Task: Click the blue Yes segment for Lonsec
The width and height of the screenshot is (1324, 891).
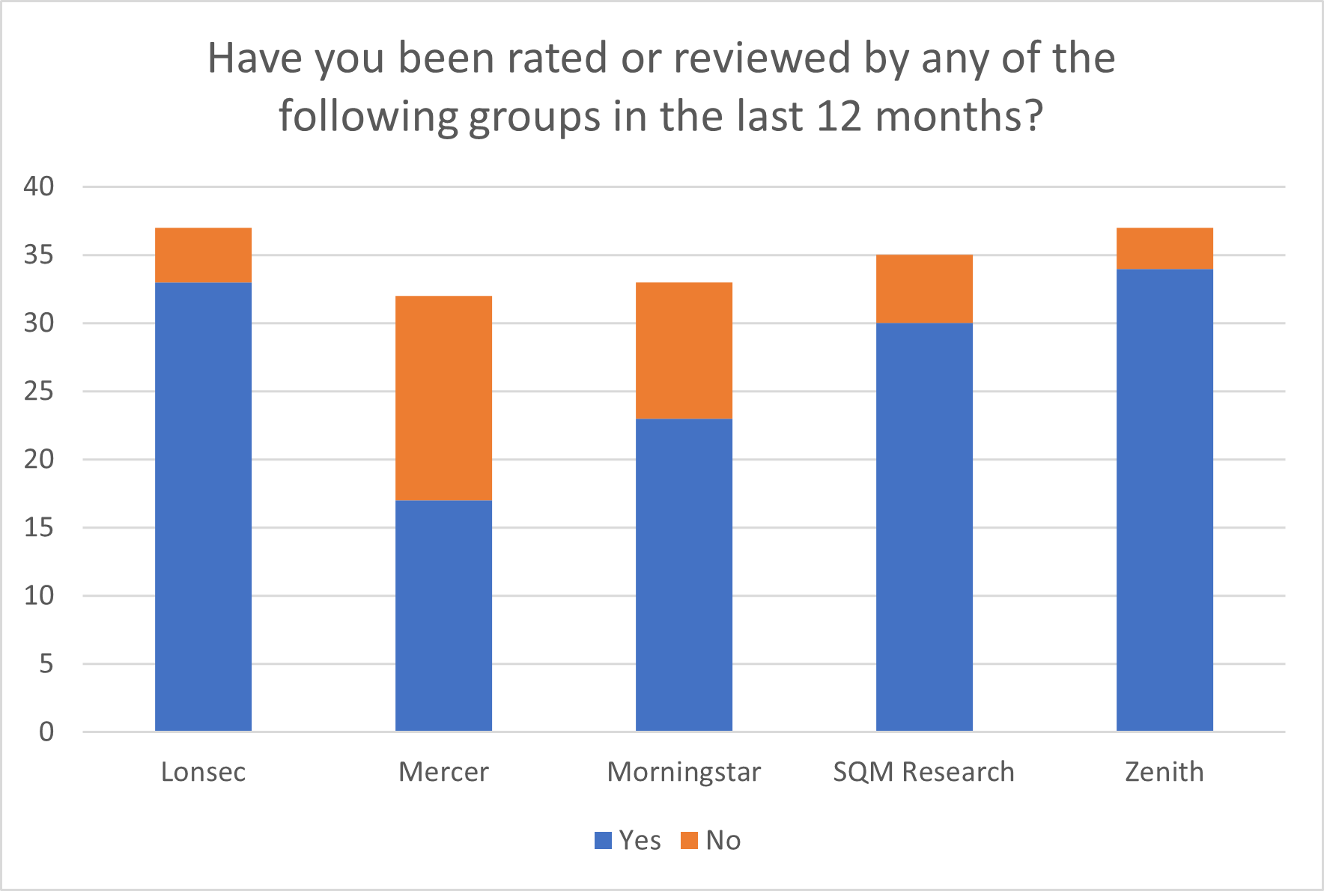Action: tap(203, 506)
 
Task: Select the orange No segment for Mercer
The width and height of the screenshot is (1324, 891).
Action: tap(443, 398)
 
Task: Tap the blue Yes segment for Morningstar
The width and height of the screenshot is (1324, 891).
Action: tap(684, 574)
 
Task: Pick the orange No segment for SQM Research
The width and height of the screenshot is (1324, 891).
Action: tap(924, 289)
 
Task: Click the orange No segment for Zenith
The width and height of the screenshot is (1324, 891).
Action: tap(1164, 248)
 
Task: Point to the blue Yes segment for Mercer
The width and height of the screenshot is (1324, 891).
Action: tap(443, 615)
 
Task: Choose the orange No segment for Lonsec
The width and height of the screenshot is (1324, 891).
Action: tap(203, 255)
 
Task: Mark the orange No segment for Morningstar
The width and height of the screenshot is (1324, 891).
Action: tap(684, 350)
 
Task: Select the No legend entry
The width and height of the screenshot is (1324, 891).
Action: tap(711, 840)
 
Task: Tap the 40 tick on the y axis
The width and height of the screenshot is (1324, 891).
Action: tap(39, 186)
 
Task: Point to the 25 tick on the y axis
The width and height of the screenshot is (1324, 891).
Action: tap(39, 391)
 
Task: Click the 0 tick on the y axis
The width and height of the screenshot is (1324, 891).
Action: tap(46, 732)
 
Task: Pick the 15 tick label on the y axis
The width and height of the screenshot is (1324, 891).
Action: tap(39, 527)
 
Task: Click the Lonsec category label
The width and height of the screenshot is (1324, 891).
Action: tap(203, 771)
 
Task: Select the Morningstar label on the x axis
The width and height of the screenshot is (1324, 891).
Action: tap(684, 771)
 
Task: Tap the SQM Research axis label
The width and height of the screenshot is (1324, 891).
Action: tap(924, 771)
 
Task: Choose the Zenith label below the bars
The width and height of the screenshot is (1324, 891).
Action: tap(1164, 771)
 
